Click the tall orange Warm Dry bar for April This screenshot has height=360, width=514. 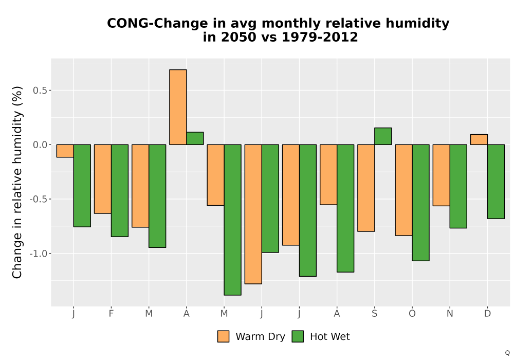(x=178, y=107)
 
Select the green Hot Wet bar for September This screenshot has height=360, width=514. (x=383, y=136)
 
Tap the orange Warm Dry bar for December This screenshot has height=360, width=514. (x=479, y=139)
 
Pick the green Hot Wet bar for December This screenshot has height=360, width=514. (x=496, y=182)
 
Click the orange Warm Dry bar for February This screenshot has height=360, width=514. (x=103, y=179)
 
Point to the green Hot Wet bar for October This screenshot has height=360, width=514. (x=420, y=203)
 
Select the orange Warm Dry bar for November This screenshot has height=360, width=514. (x=441, y=175)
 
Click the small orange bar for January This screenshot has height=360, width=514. (x=65, y=151)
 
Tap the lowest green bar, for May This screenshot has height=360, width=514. (x=232, y=220)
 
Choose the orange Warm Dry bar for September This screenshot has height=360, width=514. (x=366, y=188)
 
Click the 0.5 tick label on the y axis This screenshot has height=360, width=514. (x=40, y=90)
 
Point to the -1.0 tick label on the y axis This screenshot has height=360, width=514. (x=39, y=254)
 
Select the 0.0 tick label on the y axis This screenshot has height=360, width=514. (x=40, y=145)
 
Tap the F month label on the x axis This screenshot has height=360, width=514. (x=111, y=314)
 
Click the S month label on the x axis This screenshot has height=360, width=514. (x=374, y=314)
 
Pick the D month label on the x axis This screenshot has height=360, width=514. (x=487, y=314)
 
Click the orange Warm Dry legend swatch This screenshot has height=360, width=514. (x=223, y=336)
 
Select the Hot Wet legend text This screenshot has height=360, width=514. (x=330, y=337)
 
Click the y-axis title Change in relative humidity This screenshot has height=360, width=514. (x=17, y=182)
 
